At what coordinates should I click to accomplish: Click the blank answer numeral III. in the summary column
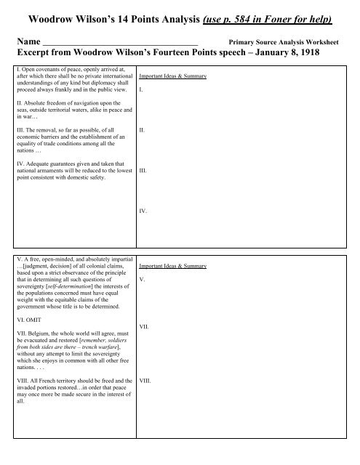click(x=143, y=174)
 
